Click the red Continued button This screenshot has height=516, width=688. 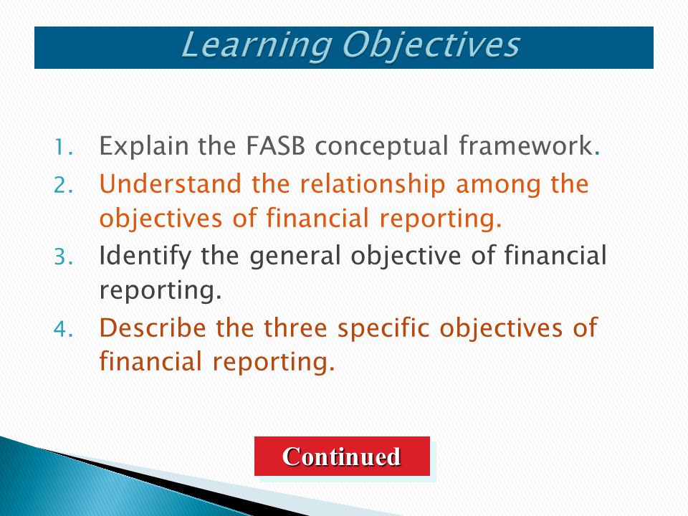tap(342, 456)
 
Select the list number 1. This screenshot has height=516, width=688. tap(64, 148)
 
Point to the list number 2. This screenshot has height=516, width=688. tap(64, 185)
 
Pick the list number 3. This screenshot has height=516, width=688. tap(64, 257)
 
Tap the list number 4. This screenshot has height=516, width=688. tap(64, 329)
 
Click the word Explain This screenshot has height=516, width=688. tap(144, 147)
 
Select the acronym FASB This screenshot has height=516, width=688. tap(275, 145)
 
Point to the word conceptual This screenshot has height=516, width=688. tap(382, 147)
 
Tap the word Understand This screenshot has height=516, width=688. tap(171, 183)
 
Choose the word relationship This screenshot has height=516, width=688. tap(373, 185)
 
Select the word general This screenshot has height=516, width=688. tap(295, 257)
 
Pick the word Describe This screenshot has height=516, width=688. tap(152, 328)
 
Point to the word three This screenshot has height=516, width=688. tap(295, 328)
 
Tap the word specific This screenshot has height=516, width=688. tap(383, 329)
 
